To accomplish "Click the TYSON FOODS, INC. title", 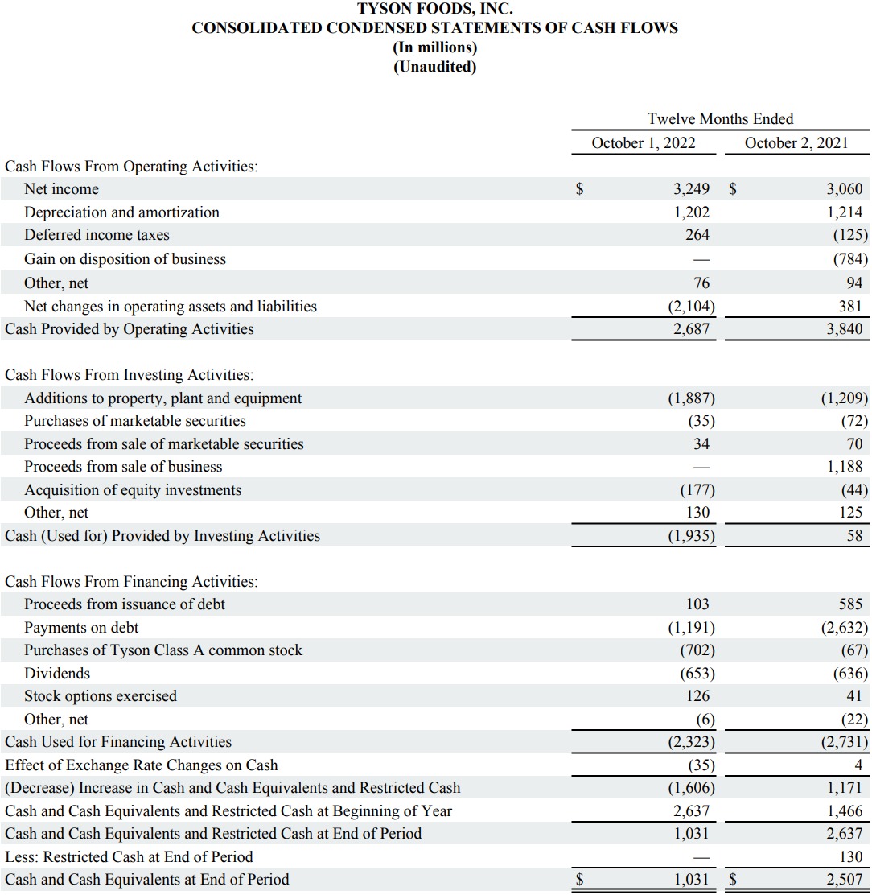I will (x=434, y=10).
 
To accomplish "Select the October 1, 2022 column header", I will (x=643, y=143).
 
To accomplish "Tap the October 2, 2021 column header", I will (x=796, y=143).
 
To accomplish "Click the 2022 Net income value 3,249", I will (x=691, y=189).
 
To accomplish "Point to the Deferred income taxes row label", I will (x=97, y=235).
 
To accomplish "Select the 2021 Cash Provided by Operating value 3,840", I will (x=844, y=329).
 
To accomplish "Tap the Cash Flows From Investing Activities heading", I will (x=129, y=375).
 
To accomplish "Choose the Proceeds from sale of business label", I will (x=123, y=467).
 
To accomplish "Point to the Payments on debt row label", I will (x=81, y=627).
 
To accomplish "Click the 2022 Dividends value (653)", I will (x=697, y=674).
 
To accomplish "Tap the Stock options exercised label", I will (x=101, y=696).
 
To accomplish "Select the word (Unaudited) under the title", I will (x=434, y=67).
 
